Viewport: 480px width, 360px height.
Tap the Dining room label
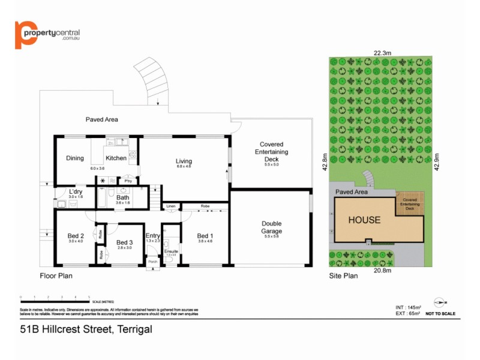[x=75, y=158]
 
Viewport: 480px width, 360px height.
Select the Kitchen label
[x=116, y=158]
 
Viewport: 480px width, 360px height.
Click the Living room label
[x=184, y=161]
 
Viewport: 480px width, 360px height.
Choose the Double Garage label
[x=271, y=227]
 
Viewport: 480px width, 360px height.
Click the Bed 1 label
[x=205, y=236]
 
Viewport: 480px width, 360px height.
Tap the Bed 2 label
[x=76, y=236]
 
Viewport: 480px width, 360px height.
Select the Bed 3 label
[x=124, y=242]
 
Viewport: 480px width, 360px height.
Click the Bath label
[x=122, y=197]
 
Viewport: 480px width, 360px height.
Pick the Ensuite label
[x=170, y=251]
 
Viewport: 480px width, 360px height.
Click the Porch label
[x=153, y=262]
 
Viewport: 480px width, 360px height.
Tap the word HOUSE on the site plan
[x=364, y=220]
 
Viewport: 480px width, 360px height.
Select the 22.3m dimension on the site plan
[x=382, y=53]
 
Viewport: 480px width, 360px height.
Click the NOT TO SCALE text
[x=440, y=314]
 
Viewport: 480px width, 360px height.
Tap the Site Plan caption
[x=343, y=277]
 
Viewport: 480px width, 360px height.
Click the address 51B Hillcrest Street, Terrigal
[x=86, y=329]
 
